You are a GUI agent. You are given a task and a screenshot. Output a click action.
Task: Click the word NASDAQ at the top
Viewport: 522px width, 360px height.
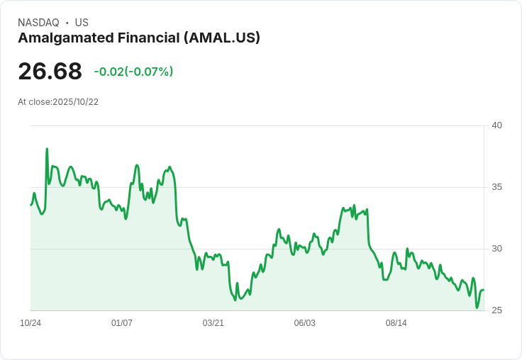click(x=38, y=23)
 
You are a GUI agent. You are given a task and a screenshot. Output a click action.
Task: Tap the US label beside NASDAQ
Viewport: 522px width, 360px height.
click(x=82, y=23)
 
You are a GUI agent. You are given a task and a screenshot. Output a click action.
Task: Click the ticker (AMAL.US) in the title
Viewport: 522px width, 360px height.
click(x=221, y=38)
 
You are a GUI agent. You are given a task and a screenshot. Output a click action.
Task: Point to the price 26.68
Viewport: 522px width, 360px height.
click(x=50, y=72)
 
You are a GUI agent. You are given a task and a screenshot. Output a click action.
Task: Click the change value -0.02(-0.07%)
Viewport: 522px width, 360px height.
click(x=133, y=72)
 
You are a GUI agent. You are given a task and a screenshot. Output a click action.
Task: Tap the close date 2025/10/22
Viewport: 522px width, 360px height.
click(x=75, y=102)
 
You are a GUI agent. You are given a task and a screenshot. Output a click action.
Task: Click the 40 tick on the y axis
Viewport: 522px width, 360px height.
click(x=496, y=125)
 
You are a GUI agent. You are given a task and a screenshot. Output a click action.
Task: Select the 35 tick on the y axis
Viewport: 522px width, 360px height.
click(x=496, y=187)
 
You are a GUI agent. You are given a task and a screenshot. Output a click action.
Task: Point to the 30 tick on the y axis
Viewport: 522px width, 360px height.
click(x=496, y=249)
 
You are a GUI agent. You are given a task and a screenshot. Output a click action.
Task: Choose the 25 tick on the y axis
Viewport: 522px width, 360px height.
click(x=496, y=310)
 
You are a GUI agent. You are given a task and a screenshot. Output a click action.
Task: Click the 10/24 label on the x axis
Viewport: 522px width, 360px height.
click(x=30, y=323)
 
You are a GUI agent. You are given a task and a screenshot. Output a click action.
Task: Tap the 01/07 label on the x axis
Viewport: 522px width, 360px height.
click(x=122, y=323)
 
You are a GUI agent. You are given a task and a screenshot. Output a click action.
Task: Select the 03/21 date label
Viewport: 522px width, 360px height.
click(x=213, y=323)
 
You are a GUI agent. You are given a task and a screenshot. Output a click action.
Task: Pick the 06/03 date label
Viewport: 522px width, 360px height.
click(x=304, y=323)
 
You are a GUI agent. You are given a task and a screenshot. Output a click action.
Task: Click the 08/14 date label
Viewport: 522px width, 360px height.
click(x=396, y=323)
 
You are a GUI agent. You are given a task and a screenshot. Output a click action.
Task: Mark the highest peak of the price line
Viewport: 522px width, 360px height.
click(x=47, y=149)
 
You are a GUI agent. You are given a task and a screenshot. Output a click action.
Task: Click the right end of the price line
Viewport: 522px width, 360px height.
click(x=483, y=290)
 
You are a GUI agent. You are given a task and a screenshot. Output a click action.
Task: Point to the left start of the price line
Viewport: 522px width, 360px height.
click(x=31, y=205)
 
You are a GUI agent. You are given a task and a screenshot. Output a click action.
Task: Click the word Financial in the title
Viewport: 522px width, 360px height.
click(x=145, y=38)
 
